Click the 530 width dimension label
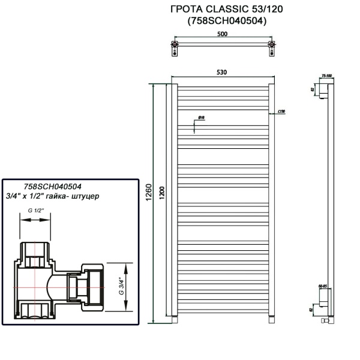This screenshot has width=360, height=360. click(222, 73)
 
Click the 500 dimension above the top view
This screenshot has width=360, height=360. click(222, 35)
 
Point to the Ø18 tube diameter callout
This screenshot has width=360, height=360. click(202, 118)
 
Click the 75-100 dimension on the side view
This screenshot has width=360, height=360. click(327, 76)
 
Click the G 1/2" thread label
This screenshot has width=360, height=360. click(37, 211)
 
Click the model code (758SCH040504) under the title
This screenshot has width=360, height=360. click(223, 21)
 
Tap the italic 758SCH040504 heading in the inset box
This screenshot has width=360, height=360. click(52, 187)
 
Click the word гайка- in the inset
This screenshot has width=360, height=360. click(72, 196)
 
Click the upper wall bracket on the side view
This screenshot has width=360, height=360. click(324, 91)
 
